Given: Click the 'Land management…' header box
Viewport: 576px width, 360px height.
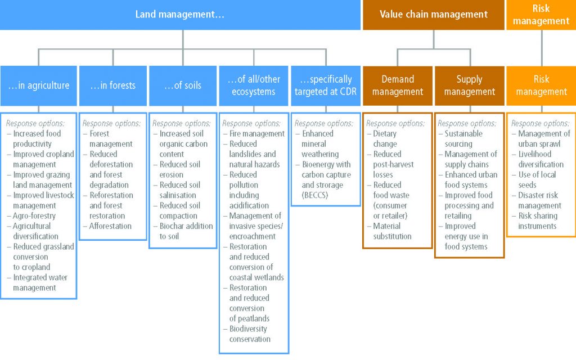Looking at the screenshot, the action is (180, 15).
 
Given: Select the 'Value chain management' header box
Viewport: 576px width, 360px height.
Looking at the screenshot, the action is (434, 15).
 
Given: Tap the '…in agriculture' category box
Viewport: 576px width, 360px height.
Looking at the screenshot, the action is (39, 85).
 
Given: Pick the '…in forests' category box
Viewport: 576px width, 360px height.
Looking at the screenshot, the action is (112, 85).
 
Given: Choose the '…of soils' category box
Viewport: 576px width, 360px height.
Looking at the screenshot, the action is (183, 85).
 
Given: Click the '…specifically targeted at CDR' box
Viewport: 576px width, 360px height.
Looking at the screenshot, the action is (326, 85).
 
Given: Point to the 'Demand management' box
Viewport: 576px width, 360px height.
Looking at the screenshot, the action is (398, 85).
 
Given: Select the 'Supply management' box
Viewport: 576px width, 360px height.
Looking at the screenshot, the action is (470, 85).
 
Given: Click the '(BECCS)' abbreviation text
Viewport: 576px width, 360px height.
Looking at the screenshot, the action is (315, 195).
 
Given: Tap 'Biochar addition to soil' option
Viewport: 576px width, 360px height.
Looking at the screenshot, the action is (183, 231).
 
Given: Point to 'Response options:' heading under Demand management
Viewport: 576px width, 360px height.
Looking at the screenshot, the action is (395, 123).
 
